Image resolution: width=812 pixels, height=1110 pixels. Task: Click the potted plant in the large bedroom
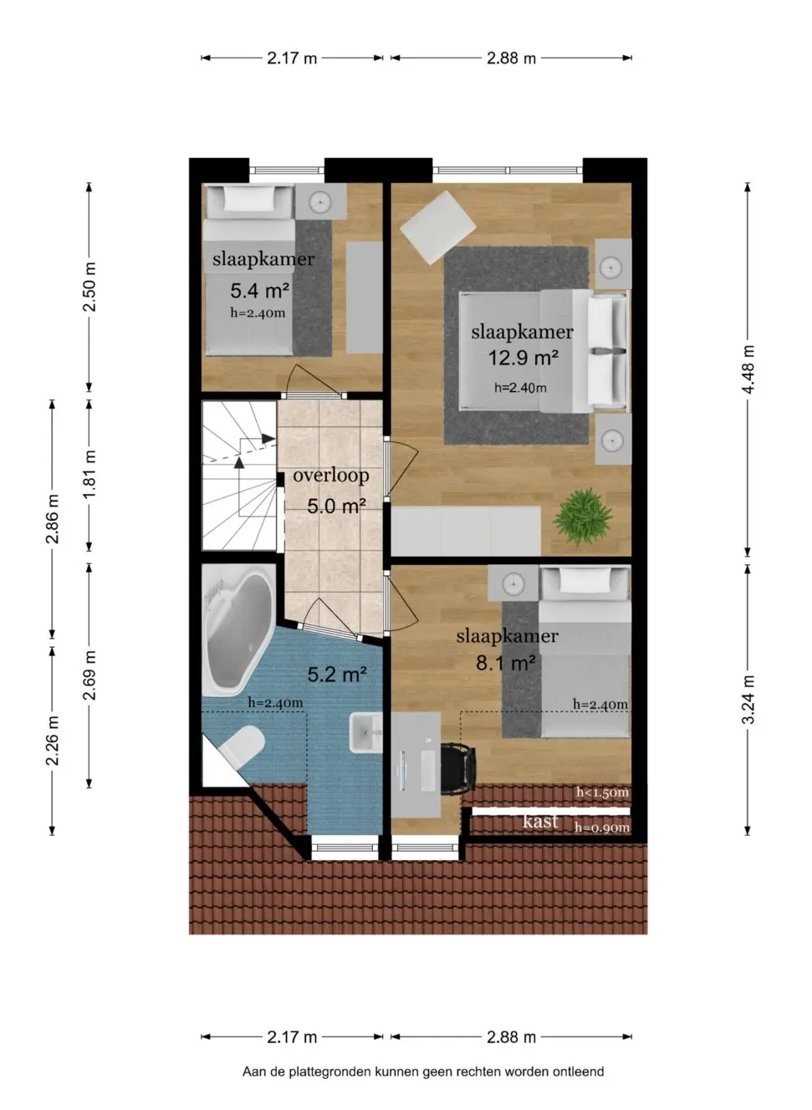pos(582,516)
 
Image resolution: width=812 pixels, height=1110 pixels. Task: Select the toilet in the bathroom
pos(243,744)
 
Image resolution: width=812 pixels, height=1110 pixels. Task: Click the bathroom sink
pos(365,733)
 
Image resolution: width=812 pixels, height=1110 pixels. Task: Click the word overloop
pos(330,476)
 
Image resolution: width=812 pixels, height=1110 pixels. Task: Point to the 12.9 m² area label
pos(523,358)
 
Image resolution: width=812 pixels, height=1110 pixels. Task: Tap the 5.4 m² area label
pos(259,291)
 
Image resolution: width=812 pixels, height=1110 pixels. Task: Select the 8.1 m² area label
pos(505,663)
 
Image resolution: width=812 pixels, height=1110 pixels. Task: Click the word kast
pos(539,821)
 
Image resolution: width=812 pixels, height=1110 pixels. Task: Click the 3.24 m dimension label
pos(748,699)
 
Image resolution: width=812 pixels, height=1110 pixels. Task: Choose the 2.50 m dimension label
pos(89,287)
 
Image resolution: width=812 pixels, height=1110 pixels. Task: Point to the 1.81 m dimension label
pos(89,474)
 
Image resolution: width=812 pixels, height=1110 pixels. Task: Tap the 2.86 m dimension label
pos(53,518)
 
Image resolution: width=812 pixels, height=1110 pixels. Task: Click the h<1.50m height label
pos(601,792)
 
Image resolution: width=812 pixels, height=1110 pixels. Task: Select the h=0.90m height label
pos(601,827)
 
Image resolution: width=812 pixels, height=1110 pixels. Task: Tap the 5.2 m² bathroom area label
pos(336,675)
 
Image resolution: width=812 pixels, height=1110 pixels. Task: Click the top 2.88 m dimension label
pos(511,59)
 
